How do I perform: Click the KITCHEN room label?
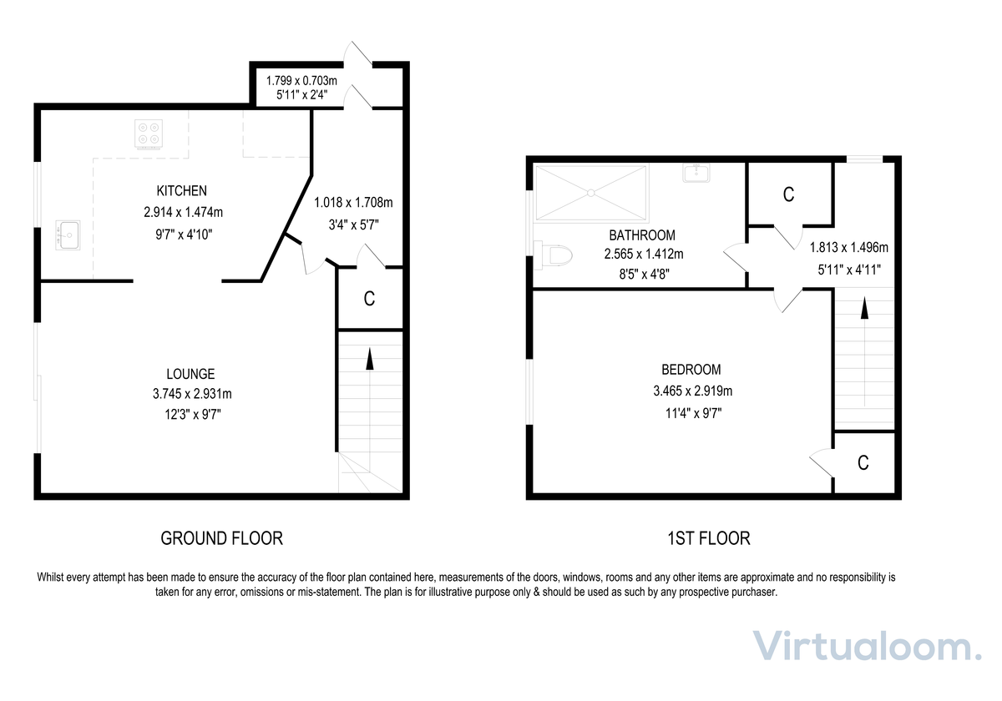coord(182,191)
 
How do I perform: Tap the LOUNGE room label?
coord(190,374)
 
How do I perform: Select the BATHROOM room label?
coord(642,235)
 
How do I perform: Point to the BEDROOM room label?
coord(691,370)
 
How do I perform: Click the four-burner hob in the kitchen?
coord(149,134)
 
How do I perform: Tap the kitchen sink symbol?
coord(68,235)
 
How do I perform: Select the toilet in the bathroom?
coord(554,255)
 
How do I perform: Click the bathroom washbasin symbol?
coord(696,173)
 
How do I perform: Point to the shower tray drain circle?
coord(591,193)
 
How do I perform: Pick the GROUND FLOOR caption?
coord(222,538)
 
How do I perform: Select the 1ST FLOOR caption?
coord(709,538)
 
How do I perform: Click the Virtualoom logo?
coord(867,646)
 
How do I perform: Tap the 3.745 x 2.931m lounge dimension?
coord(192,394)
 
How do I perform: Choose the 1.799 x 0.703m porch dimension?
coord(301,81)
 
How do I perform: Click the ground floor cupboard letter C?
coord(369,299)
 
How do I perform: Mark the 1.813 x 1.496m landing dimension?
coord(848,247)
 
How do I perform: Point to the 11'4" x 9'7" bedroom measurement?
coord(693,414)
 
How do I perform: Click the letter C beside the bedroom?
coord(863,463)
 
